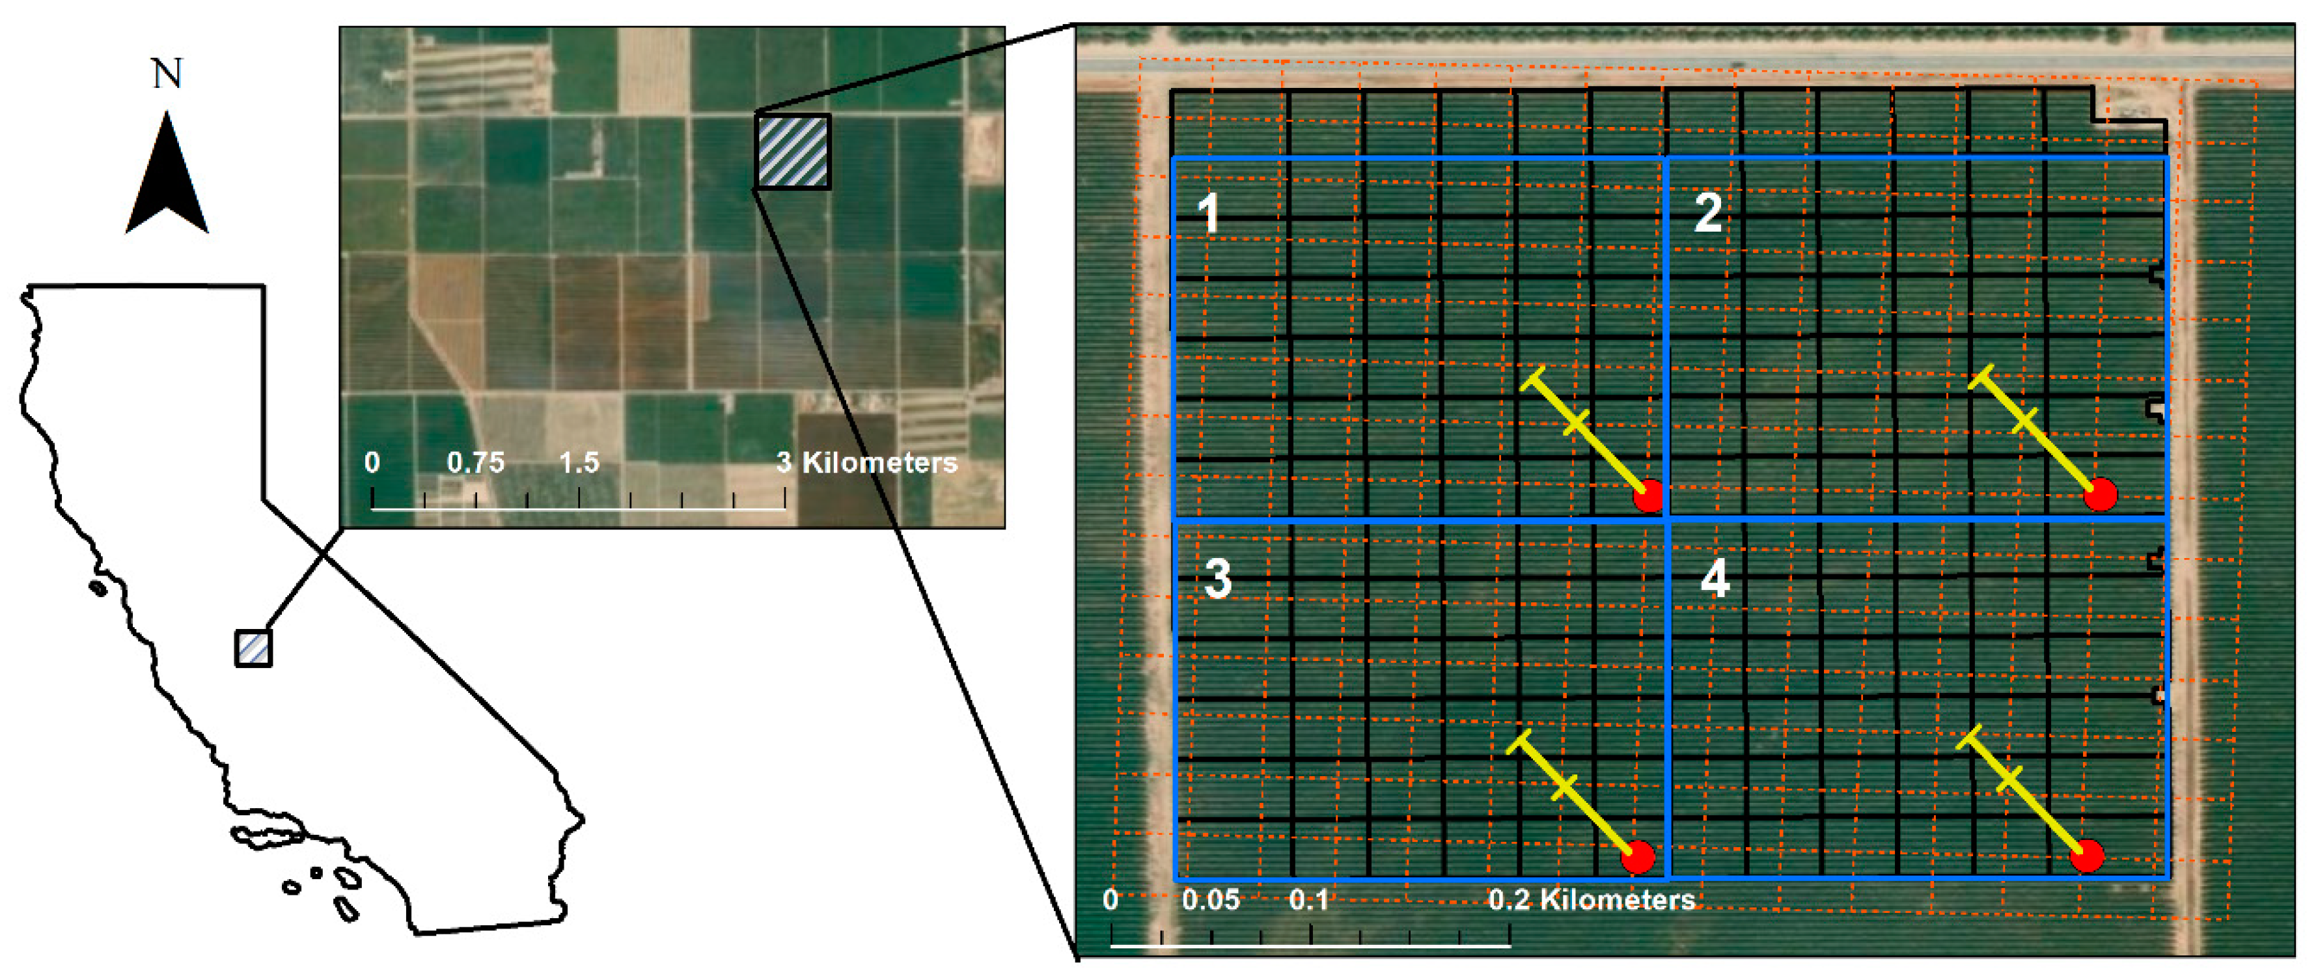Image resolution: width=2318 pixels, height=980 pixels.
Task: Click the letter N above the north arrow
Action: tap(167, 74)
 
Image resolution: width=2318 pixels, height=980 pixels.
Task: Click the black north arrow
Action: tap(167, 180)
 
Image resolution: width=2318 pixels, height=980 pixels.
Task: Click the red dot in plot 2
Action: tap(2100, 494)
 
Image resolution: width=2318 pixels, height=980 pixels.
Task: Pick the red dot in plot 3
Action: tap(1638, 857)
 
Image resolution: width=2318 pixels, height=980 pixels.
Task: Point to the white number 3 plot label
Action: tap(1217, 579)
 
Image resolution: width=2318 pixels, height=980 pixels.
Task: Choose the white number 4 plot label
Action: tap(1714, 579)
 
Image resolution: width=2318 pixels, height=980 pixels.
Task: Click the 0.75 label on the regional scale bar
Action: tap(476, 462)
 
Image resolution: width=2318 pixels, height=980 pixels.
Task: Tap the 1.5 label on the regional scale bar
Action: tap(579, 462)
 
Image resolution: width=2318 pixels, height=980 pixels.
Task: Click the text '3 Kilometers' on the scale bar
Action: tap(866, 462)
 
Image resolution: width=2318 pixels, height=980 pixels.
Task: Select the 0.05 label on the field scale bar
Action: tap(1210, 900)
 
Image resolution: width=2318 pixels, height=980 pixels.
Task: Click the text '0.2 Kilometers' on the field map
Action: tap(1592, 900)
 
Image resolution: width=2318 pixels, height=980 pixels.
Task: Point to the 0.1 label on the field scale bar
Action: tap(1308, 900)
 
